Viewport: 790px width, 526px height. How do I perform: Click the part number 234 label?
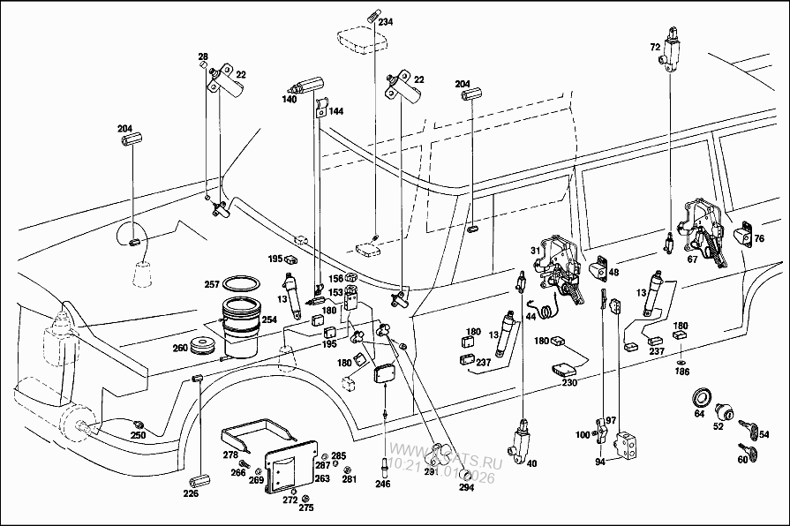(386, 23)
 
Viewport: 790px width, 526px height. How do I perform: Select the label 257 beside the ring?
(213, 284)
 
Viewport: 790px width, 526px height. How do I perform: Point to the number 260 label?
(179, 347)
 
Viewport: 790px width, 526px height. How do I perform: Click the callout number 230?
(568, 382)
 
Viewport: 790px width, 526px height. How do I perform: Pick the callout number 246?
(382, 485)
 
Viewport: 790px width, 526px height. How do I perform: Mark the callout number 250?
(139, 436)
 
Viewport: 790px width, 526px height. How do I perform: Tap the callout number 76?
(758, 238)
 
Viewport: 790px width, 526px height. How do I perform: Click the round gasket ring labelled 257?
(241, 284)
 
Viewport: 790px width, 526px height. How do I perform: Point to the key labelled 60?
(744, 455)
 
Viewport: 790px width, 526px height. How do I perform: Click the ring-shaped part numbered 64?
(703, 395)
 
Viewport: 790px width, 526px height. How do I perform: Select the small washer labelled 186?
(681, 362)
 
